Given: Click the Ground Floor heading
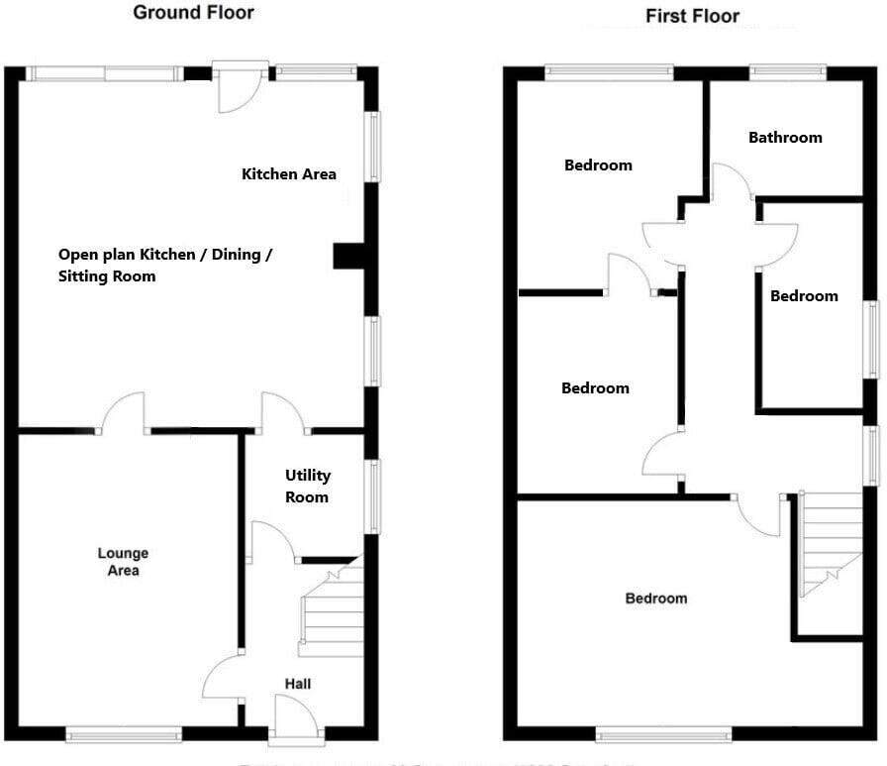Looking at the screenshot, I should (193, 13).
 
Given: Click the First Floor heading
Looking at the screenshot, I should (692, 16).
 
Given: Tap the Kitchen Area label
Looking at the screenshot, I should (289, 174).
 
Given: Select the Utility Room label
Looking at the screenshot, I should (307, 487).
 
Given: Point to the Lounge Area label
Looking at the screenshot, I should (124, 562).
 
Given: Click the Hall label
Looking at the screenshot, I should (298, 684).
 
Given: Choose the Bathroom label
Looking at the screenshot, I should (785, 138).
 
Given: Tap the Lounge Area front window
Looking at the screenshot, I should (124, 734).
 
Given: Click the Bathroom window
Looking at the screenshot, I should (787, 71).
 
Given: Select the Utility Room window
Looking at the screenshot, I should (373, 496).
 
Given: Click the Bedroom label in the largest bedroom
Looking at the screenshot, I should (655, 599).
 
